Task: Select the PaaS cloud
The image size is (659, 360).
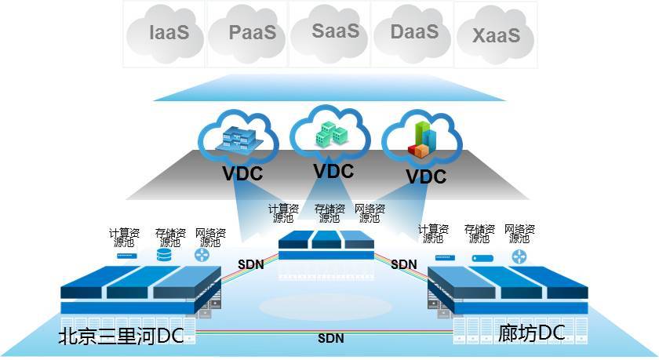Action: click(252, 33)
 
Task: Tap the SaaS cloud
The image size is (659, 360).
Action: click(334, 31)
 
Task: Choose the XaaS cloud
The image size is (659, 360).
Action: click(496, 35)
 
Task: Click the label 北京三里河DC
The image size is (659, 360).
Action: click(121, 336)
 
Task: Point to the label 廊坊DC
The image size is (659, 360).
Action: click(531, 333)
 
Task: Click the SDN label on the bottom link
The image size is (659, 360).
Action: click(330, 339)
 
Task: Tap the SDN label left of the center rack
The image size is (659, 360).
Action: click(251, 264)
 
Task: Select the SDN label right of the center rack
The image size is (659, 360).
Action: click(403, 264)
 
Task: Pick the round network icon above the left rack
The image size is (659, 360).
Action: click(203, 255)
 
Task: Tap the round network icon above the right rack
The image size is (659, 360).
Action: click(519, 257)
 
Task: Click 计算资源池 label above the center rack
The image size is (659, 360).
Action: click(283, 213)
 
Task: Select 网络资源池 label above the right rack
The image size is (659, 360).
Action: click(519, 233)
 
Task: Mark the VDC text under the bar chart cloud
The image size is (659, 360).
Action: click(426, 176)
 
